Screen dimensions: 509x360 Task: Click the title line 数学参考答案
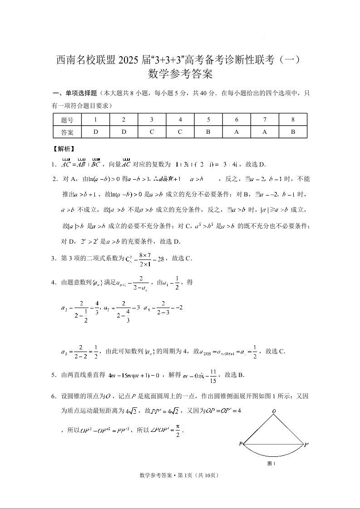180,73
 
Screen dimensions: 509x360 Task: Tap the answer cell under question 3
152,132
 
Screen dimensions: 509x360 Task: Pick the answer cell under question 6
237,132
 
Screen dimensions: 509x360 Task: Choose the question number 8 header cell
293,120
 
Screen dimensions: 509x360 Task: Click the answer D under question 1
95,132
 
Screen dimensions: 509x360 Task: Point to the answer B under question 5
208,132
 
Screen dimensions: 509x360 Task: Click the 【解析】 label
64,149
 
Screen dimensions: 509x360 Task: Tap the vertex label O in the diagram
274,411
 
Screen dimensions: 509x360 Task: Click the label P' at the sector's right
306,445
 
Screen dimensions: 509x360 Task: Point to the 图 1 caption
272,464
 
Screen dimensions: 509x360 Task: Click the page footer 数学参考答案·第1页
180,475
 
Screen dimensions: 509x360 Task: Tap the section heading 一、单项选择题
75,93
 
